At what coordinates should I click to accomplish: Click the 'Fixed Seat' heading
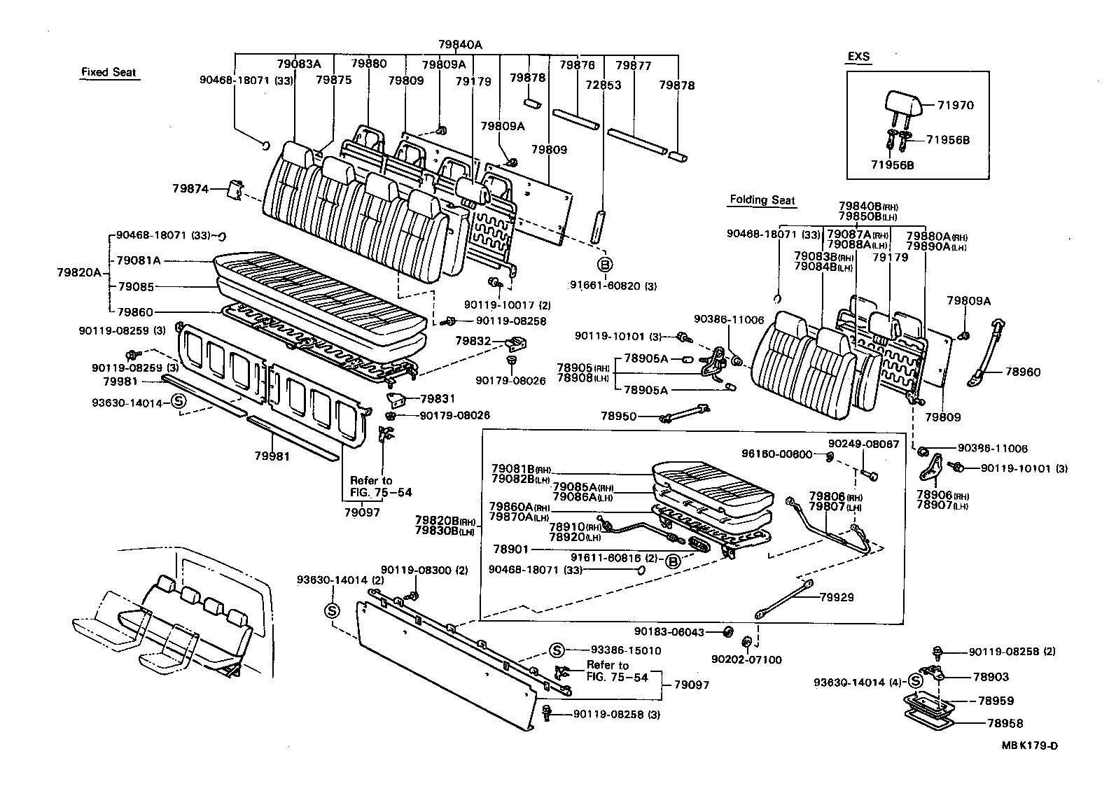tap(109, 72)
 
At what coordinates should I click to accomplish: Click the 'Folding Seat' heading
tap(762, 200)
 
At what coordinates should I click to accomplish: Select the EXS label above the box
tap(858, 57)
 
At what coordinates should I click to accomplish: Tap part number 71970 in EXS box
tap(956, 106)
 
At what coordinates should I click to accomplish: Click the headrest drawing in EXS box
tap(903, 104)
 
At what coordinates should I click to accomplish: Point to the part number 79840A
tap(460, 44)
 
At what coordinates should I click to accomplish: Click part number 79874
tap(189, 188)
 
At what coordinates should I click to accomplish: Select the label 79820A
tap(78, 273)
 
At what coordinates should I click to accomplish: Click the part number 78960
tap(1024, 372)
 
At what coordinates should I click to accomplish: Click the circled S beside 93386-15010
tap(557, 650)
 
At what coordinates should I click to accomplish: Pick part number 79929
tap(839, 598)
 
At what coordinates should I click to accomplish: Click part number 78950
tap(618, 416)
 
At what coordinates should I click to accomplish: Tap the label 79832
tap(473, 341)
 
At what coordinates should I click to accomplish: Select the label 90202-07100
tap(746, 659)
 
